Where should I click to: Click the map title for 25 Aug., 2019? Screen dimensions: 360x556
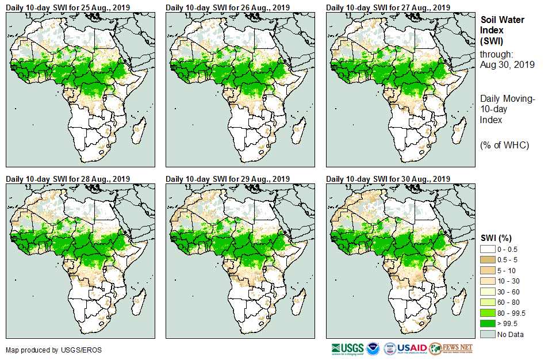click(67, 7)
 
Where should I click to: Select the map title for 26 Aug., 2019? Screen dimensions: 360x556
click(228, 7)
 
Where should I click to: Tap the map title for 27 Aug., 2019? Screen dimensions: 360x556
click(388, 7)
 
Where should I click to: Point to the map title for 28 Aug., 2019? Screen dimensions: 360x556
click(67, 179)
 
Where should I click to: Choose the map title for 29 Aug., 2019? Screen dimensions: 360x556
click(228, 179)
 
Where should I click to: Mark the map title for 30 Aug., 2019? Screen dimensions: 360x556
click(388, 179)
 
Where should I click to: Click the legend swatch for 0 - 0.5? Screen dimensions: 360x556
click(488, 249)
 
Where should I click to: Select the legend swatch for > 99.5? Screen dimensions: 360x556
click(488, 323)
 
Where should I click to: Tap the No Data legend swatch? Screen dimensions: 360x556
click(488, 334)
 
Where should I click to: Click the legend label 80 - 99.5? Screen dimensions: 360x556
click(512, 313)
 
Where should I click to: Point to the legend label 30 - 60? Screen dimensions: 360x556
click(509, 292)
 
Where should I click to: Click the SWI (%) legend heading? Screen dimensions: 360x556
click(496, 238)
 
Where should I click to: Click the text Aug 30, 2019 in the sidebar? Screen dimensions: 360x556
click(507, 65)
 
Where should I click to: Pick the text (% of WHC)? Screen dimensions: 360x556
click(504, 145)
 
